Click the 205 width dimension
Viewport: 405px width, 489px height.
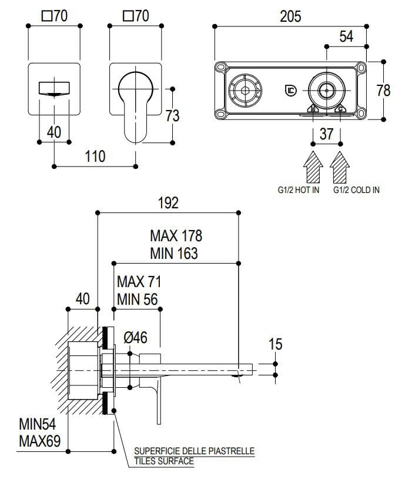(290, 16)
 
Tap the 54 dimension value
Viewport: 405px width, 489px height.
(346, 36)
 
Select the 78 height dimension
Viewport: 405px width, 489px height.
(383, 90)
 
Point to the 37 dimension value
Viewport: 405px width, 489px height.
(326, 134)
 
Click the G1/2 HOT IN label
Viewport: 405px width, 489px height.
(299, 190)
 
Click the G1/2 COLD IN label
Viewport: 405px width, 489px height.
(356, 190)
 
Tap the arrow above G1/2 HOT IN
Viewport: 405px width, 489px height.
(313, 167)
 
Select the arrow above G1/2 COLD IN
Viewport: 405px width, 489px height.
(339, 167)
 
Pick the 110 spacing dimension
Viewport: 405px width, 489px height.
(95, 156)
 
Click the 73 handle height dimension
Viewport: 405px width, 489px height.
(172, 115)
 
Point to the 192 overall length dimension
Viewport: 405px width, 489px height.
(168, 203)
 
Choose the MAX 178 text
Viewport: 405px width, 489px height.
(176, 236)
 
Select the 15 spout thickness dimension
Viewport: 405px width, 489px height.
(275, 344)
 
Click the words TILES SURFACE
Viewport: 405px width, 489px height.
(164, 461)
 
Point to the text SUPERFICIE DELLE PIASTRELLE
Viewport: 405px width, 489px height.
(194, 451)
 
